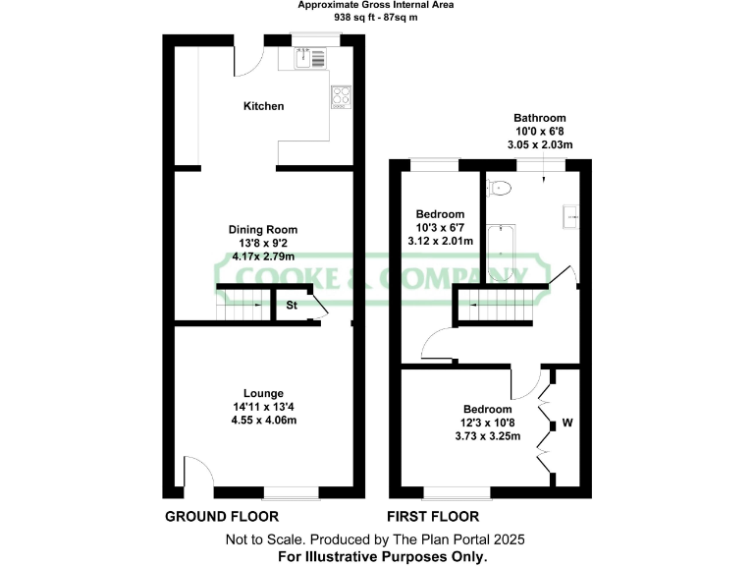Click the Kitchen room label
tap(264, 105)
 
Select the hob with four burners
tap(341, 95)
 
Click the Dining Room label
tap(264, 229)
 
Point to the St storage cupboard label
tap(292, 306)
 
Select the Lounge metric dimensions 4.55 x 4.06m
tap(264, 420)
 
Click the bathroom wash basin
tap(570, 216)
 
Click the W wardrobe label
tap(566, 424)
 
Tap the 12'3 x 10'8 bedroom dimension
tap(488, 424)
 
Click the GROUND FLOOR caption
tap(221, 516)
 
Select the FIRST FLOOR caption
tap(434, 516)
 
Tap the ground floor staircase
tap(242, 306)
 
